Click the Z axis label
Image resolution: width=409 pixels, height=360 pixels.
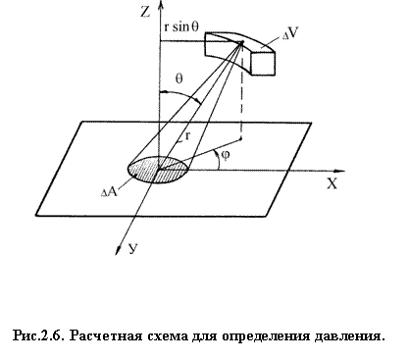[x=145, y=12]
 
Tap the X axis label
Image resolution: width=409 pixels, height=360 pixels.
[x=332, y=184]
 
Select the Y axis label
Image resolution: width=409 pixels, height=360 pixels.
[x=132, y=249]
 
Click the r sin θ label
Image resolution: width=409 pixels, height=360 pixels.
[x=181, y=26]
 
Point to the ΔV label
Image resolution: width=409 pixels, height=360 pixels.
[x=290, y=33]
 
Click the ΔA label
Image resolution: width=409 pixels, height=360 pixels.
[x=110, y=191]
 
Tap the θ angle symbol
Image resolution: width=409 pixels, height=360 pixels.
[x=179, y=78]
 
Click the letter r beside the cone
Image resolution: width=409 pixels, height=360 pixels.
[x=187, y=135]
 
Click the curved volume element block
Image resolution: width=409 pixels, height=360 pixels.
[x=240, y=52]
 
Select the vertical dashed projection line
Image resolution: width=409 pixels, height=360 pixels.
[x=241, y=98]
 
